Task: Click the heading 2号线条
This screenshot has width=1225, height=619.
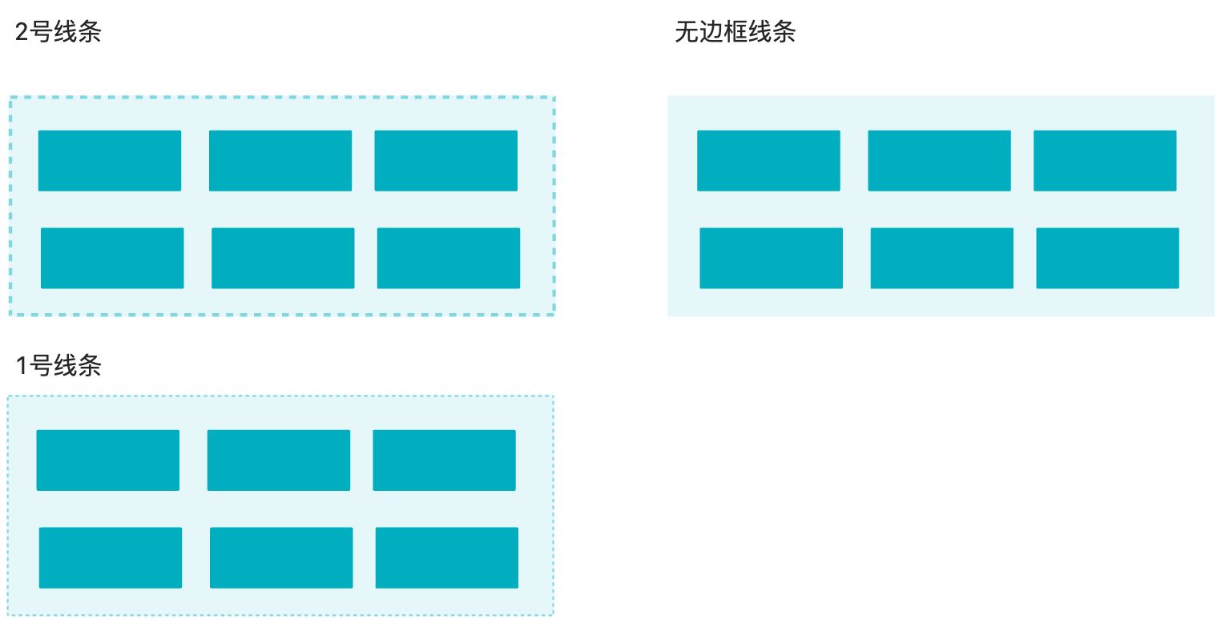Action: [58, 33]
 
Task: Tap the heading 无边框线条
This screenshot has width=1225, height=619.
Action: [735, 33]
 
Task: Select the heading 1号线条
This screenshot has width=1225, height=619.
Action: [58, 366]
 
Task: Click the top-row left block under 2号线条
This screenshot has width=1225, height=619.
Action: [110, 161]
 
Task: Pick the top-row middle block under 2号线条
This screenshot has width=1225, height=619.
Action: [280, 161]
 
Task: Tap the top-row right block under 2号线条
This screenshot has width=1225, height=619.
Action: [445, 161]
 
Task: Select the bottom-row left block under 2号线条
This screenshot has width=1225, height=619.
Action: [112, 258]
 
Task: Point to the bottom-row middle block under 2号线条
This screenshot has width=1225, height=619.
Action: [283, 258]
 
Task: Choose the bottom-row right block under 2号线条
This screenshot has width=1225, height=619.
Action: [448, 258]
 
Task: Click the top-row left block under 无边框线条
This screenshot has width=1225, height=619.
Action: [768, 161]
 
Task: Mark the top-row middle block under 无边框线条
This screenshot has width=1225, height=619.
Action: [939, 161]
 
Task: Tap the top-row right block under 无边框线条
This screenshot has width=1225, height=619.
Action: [1105, 161]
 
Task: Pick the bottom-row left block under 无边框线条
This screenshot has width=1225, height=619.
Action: [771, 258]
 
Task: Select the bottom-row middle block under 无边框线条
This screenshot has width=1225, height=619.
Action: [941, 258]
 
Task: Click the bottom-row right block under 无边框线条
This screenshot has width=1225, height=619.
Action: [1107, 258]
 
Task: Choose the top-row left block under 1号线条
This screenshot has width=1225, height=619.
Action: [107, 460]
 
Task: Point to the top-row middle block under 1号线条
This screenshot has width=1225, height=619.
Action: [278, 460]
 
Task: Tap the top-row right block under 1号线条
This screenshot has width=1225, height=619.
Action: [444, 460]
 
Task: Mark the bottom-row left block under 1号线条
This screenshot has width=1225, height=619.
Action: [110, 557]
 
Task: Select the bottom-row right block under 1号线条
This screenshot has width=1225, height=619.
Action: [446, 557]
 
